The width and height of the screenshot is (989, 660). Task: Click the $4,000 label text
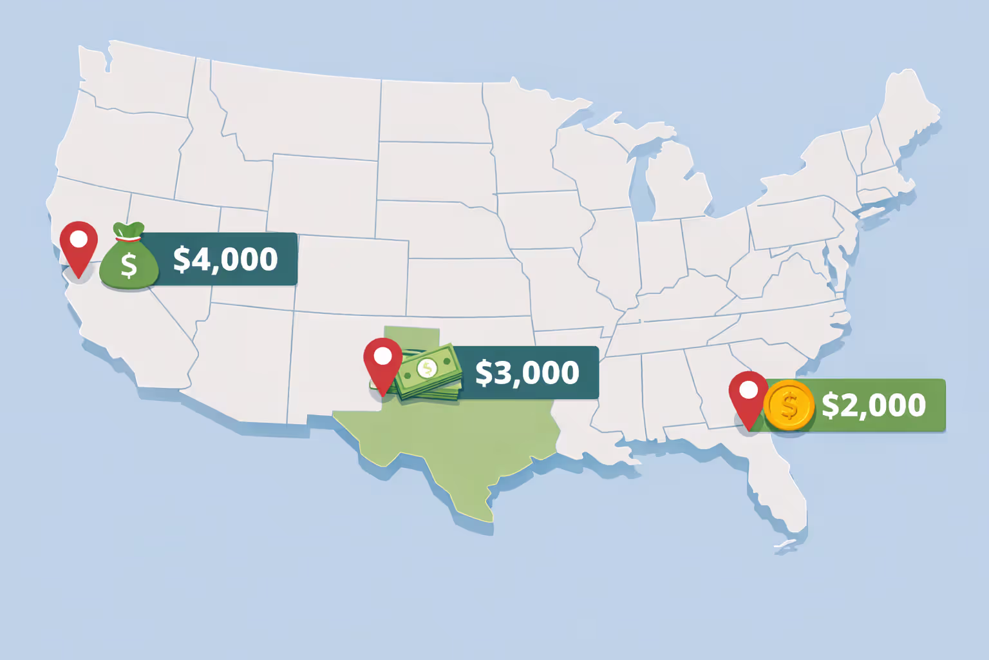[225, 259]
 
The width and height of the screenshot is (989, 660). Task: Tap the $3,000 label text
[527, 373]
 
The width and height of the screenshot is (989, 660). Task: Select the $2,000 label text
[873, 405]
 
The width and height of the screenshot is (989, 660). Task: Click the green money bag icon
[129, 258]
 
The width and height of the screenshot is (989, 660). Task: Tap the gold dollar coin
[789, 405]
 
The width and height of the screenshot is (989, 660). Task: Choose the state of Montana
[290, 110]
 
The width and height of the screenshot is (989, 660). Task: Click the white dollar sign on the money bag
[129, 265]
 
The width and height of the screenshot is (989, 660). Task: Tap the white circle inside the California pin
[79, 239]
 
